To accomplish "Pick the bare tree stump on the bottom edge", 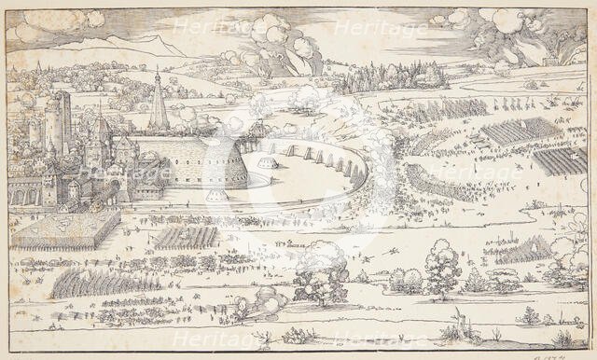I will tap(456, 331).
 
